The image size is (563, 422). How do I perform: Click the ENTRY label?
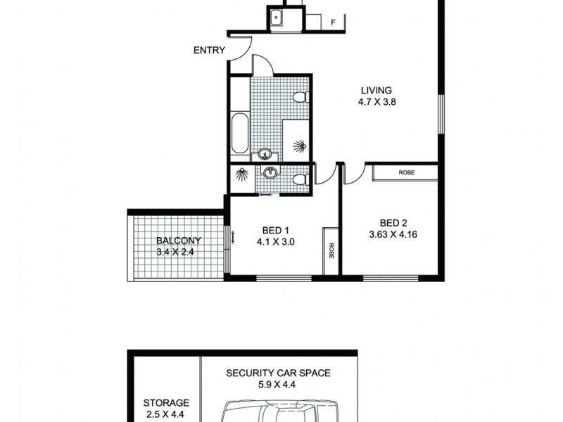pyautogui.click(x=210, y=51)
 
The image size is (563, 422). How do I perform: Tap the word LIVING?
pyautogui.click(x=377, y=90)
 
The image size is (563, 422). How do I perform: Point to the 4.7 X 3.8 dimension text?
pyautogui.click(x=377, y=101)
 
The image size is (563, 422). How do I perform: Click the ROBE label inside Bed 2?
pyautogui.click(x=405, y=172)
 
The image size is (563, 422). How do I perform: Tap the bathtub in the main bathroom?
pyautogui.click(x=239, y=133)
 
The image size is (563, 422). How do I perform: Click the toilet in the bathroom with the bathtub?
pyautogui.click(x=300, y=97)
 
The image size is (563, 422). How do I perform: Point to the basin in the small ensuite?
pyautogui.click(x=269, y=172)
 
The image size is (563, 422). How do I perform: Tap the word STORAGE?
pyautogui.click(x=166, y=403)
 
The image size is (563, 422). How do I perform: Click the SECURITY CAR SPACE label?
pyautogui.click(x=278, y=373)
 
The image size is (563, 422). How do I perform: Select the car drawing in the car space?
pyautogui.click(x=280, y=411)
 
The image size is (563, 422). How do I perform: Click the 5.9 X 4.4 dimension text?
pyautogui.click(x=278, y=385)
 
